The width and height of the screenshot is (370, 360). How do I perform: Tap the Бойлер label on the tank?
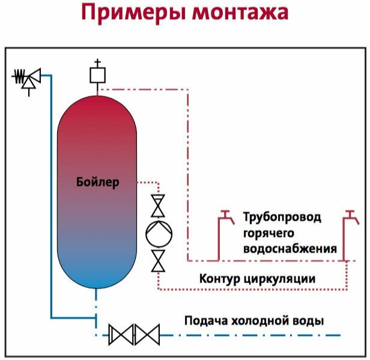click(x=98, y=181)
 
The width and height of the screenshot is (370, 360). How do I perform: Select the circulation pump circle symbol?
click(x=158, y=233)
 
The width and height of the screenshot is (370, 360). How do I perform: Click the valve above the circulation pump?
click(x=158, y=206)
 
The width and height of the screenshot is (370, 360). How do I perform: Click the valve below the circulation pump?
click(x=158, y=261)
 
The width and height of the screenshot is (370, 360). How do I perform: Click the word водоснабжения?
click(x=290, y=248)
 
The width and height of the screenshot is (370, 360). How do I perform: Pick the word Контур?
click(x=220, y=279)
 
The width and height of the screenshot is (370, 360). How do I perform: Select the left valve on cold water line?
click(x=122, y=334)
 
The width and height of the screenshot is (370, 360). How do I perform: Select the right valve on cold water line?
click(x=148, y=334)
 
